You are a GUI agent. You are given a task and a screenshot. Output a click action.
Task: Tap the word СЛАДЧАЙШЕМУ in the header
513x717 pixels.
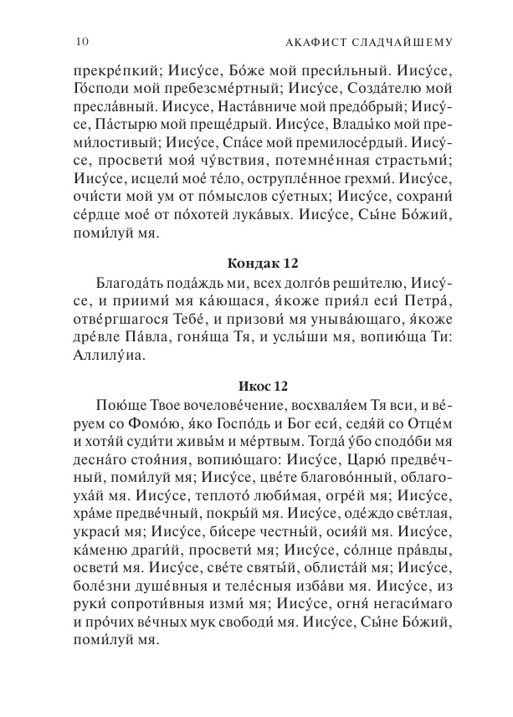[x=393, y=42]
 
